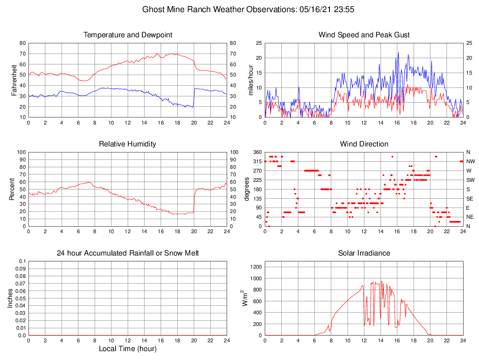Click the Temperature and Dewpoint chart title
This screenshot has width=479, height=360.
click(x=127, y=35)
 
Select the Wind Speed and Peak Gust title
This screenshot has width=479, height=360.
click(x=364, y=35)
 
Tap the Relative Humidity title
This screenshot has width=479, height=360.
click(x=127, y=144)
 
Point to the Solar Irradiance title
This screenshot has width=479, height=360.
click(x=364, y=253)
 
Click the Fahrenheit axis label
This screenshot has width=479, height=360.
click(x=14, y=80)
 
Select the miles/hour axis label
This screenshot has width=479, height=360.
click(x=251, y=80)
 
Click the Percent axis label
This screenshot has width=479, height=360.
click(x=12, y=189)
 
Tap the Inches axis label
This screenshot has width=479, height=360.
click(x=10, y=298)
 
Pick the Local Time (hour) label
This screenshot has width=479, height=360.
click(x=127, y=348)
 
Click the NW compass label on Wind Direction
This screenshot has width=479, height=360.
click(x=470, y=161)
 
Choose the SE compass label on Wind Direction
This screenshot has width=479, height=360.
click(x=470, y=198)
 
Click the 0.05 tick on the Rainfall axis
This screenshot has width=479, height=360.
click(x=21, y=298)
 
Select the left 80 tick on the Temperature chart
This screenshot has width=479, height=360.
click(x=22, y=43)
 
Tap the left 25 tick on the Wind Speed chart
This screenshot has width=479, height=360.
click(x=258, y=43)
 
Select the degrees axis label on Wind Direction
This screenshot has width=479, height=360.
click(x=247, y=189)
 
